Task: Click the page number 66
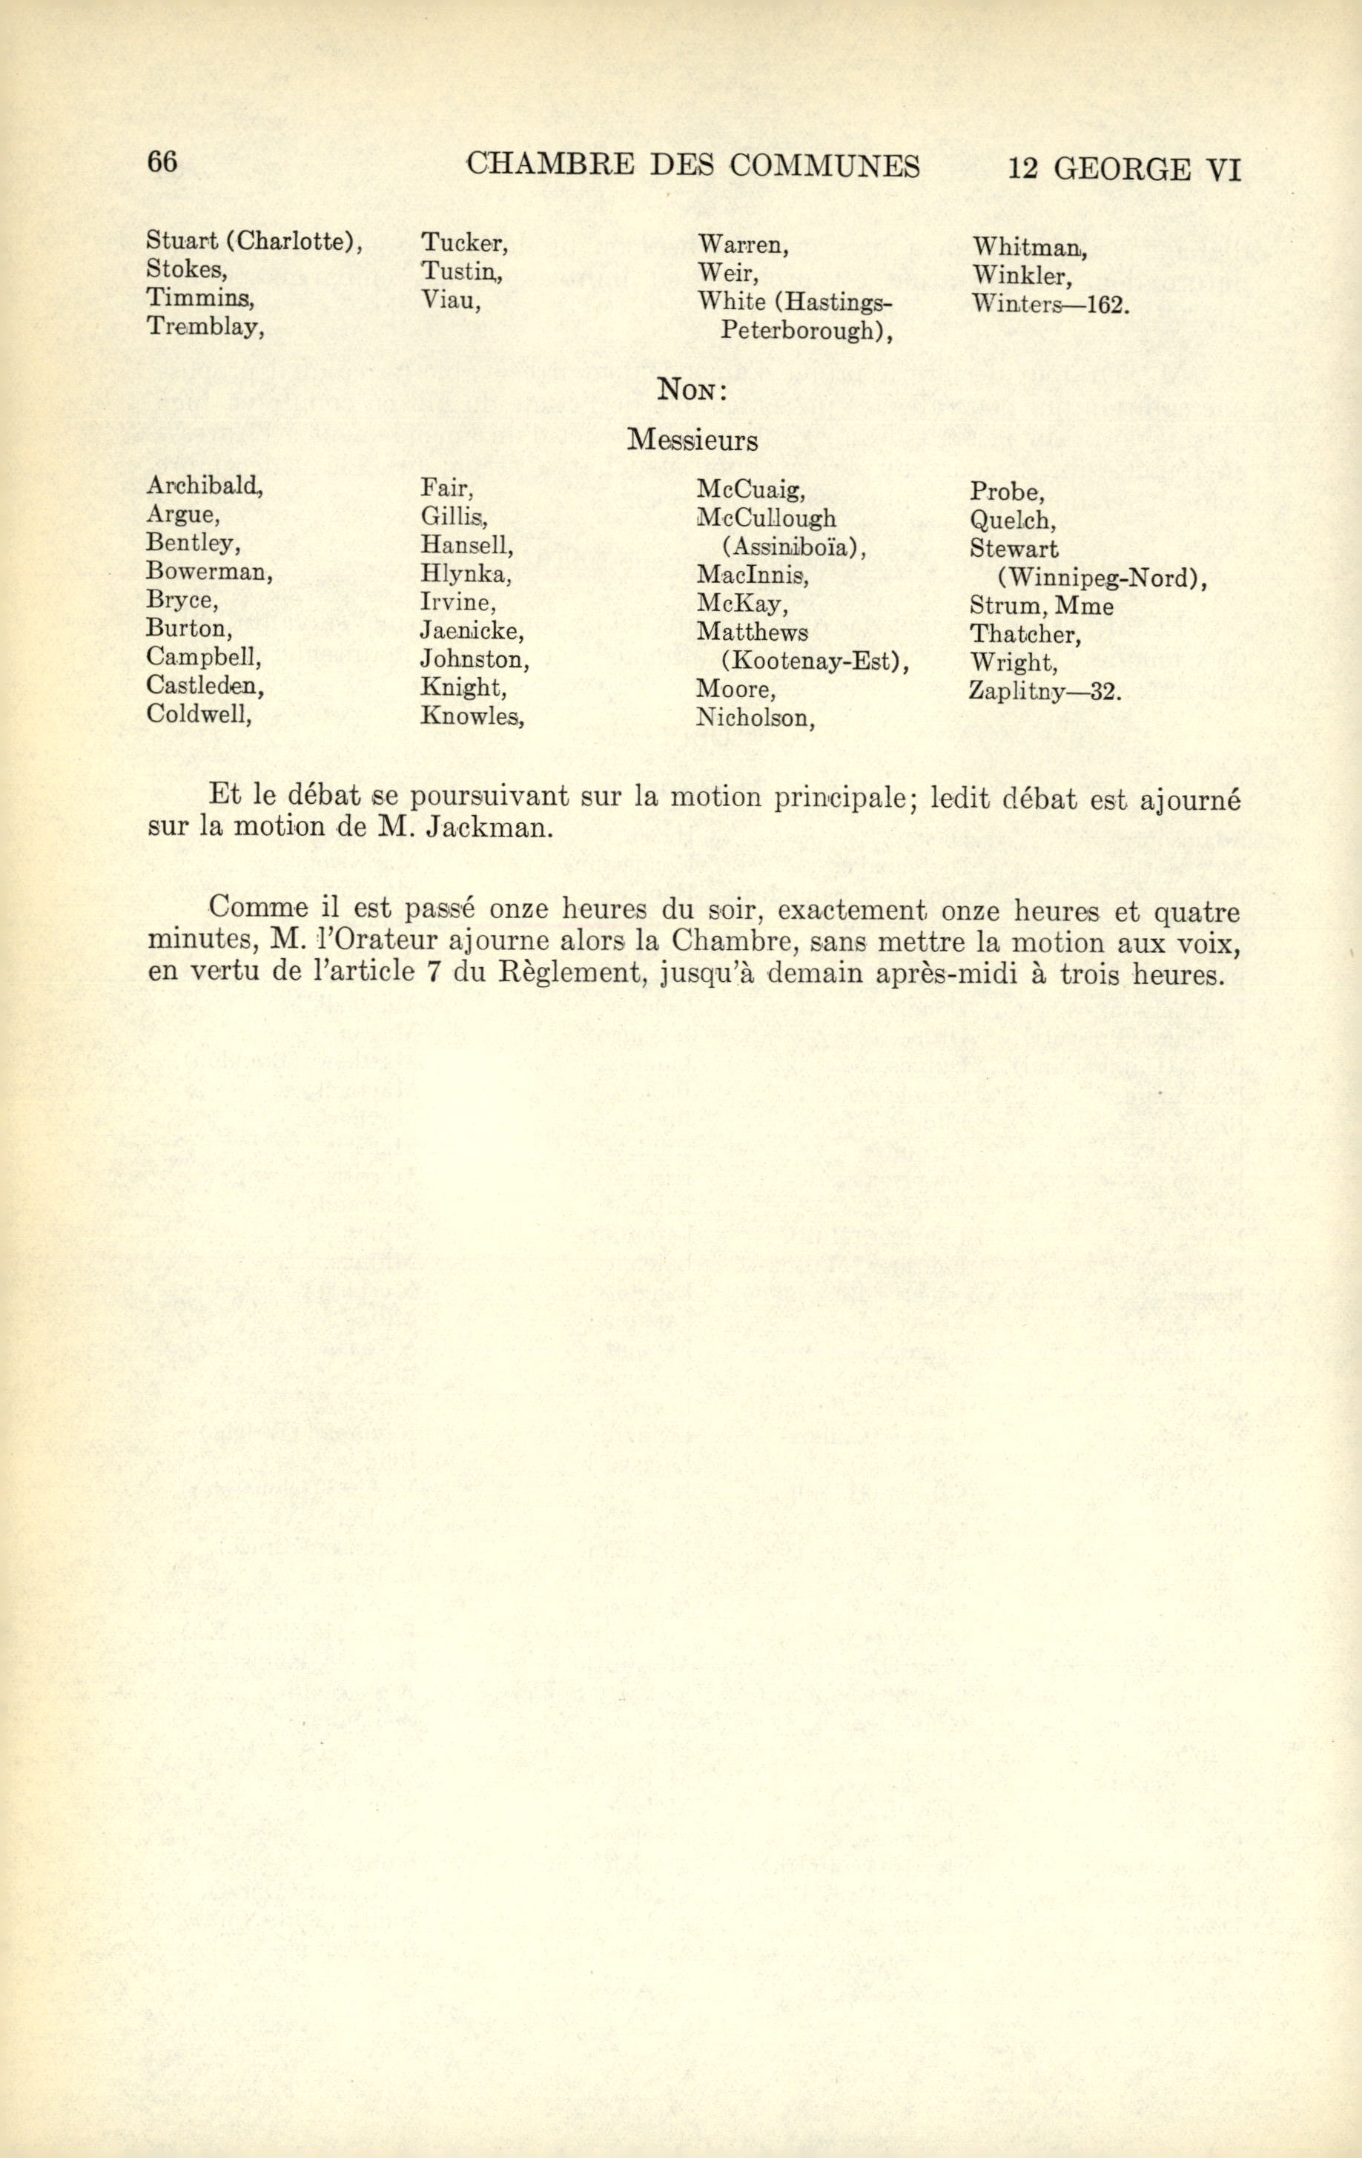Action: [163, 162]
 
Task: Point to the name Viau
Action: [451, 300]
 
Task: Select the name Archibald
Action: [203, 486]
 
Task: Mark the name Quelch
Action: [1011, 520]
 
